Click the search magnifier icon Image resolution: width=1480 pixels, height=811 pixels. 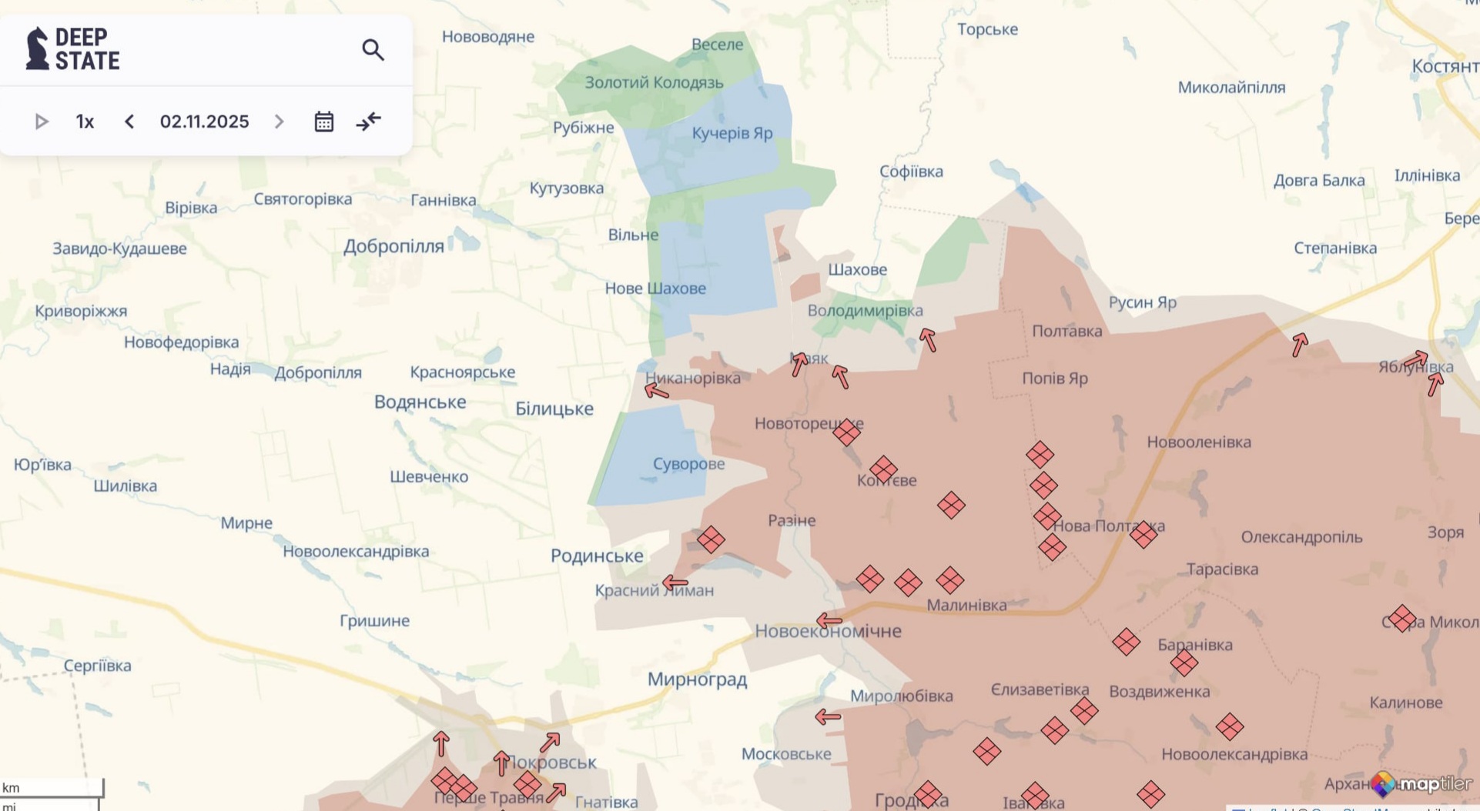coord(373,50)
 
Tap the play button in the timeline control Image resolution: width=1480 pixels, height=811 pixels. coord(42,122)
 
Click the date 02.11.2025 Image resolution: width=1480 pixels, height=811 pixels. coord(204,122)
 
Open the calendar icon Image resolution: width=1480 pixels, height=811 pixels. coord(323,122)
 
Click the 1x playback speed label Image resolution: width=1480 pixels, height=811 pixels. coord(85,122)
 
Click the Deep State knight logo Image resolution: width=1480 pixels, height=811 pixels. coord(37,48)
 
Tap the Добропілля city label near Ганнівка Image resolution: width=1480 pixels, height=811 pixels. coord(393,246)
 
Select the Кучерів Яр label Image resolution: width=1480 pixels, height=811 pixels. coord(732,133)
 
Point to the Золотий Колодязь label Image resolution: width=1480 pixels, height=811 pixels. coord(654,82)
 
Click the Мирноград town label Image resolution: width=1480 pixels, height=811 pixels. coord(697,679)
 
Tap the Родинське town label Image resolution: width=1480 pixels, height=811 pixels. coord(597,556)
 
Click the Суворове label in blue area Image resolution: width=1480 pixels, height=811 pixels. coord(688,464)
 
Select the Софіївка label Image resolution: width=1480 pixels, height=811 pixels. coord(911,172)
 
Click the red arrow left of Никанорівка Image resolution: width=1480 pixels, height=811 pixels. coord(656,391)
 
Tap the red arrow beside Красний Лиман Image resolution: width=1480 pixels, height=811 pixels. coord(675,582)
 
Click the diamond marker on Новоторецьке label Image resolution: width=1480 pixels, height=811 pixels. coord(846,432)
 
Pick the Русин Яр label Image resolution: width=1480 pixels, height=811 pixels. coord(1142,302)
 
